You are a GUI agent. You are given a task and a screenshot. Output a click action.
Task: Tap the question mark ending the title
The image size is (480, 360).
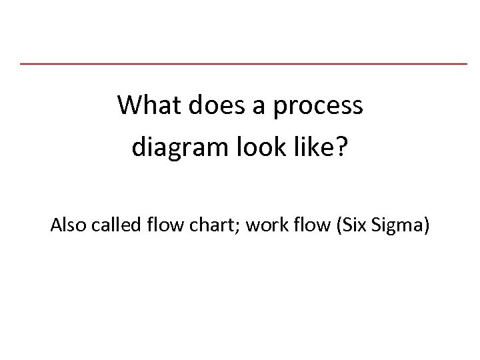point(341,147)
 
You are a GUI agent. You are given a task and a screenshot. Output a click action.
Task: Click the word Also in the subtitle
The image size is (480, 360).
point(66,227)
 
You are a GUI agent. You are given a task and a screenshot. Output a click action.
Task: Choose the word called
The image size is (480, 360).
point(109,227)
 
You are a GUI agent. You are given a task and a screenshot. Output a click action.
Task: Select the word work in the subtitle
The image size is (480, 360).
point(262,227)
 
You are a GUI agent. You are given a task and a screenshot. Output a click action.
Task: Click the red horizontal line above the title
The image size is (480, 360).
point(243,63)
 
